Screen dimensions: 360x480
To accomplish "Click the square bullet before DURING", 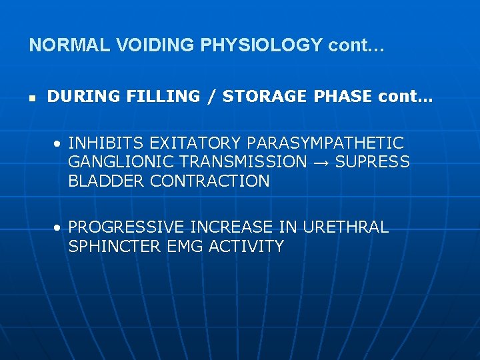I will click(x=32, y=97).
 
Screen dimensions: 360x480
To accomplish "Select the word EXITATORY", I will click(x=196, y=143).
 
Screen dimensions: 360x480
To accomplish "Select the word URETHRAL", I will click(x=345, y=227).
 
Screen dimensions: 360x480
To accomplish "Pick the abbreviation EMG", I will click(x=184, y=247).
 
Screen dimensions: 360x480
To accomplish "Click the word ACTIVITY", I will click(x=246, y=247).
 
